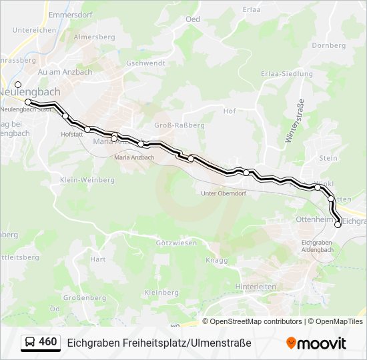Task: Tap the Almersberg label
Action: coord(95,38)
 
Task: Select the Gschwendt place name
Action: coord(144,63)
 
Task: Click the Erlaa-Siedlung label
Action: coord(287,73)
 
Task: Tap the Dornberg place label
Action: coord(328,45)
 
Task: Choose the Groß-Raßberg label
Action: coord(179,125)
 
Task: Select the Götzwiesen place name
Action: coord(175,243)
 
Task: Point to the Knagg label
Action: coord(217,261)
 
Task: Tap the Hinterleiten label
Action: coord(256,286)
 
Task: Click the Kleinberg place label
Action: coord(161,293)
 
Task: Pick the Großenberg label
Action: coord(84,298)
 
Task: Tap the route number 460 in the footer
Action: coord(47,342)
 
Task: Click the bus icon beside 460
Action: coord(30,343)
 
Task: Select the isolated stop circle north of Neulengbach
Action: coord(18,85)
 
